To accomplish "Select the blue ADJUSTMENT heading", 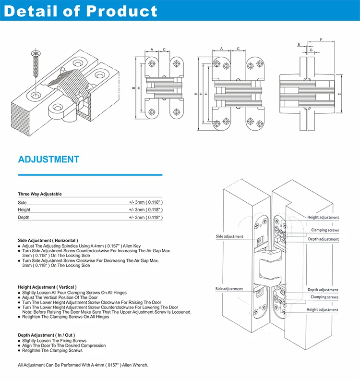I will (48, 160).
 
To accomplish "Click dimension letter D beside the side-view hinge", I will (339, 94).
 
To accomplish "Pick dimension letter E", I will (299, 45).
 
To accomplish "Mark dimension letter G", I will (311, 49).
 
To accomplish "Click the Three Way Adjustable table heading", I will (40, 194).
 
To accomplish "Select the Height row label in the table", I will (24, 210).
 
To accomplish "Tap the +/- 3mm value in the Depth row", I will (145, 218).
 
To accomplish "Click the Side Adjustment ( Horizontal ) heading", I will (48, 240).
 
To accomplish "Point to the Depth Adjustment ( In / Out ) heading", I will (47, 335).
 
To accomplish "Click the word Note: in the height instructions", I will (28, 312).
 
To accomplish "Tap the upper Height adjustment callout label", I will (323, 218).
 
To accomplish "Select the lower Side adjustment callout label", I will (229, 289).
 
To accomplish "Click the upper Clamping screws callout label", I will (324, 230).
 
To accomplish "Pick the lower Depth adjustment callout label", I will (323, 290).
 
